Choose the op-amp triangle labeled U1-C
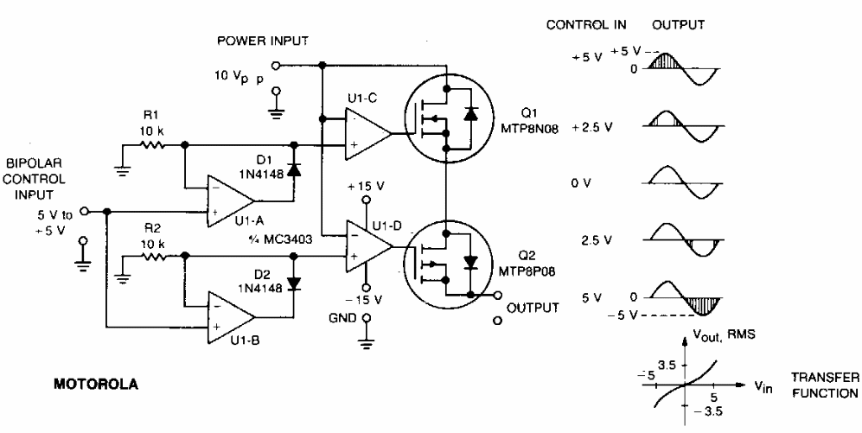(x=368, y=134)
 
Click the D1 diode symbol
(x=295, y=169)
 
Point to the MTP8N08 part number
(x=528, y=127)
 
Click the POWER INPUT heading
(x=263, y=41)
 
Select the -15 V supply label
(x=364, y=299)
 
